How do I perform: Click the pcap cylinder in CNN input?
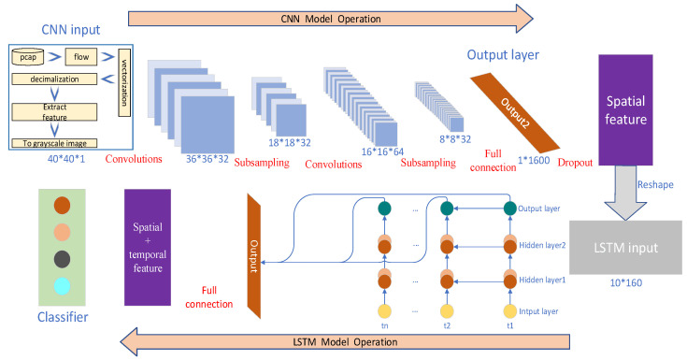(x=28, y=56)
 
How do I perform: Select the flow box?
(x=81, y=57)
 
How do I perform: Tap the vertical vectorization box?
(x=124, y=83)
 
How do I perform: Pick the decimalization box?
(x=54, y=79)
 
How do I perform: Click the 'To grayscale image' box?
(x=54, y=143)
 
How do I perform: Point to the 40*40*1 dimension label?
(x=66, y=159)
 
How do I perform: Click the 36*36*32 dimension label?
(x=208, y=159)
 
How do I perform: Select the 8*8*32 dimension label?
(x=455, y=139)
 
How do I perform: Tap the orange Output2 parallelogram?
(x=515, y=113)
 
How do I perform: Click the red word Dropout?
(x=575, y=163)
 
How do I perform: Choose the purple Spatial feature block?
(x=625, y=110)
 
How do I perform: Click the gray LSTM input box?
(x=625, y=248)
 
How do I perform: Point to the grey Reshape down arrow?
(x=625, y=193)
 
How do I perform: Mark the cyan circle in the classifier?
(x=62, y=286)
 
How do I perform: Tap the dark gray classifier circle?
(x=62, y=259)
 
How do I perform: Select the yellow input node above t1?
(x=510, y=311)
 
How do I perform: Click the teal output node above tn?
(x=385, y=209)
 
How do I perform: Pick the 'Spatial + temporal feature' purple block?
(x=148, y=247)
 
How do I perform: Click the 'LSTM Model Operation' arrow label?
(x=345, y=342)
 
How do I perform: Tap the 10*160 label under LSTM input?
(x=626, y=282)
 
